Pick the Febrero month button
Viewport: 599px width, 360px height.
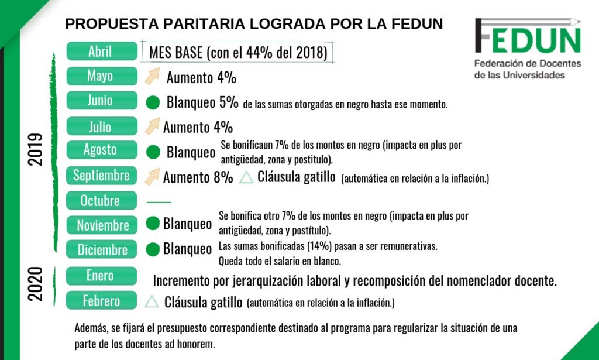pos(101,301)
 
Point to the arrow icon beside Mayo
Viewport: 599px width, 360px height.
pos(152,76)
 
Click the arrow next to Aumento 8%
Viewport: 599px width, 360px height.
pos(152,175)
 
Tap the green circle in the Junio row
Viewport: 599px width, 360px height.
pos(153,103)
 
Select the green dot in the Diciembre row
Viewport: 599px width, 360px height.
pos(153,249)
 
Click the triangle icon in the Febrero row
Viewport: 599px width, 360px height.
pos(152,301)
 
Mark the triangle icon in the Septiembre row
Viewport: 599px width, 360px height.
pos(246,177)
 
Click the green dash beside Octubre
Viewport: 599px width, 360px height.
pos(158,202)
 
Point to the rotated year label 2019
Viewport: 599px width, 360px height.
pos(36,150)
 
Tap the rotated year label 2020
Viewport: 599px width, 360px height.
pos(36,284)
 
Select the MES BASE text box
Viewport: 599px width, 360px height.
pos(237,52)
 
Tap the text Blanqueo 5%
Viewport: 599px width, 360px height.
pos(202,102)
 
